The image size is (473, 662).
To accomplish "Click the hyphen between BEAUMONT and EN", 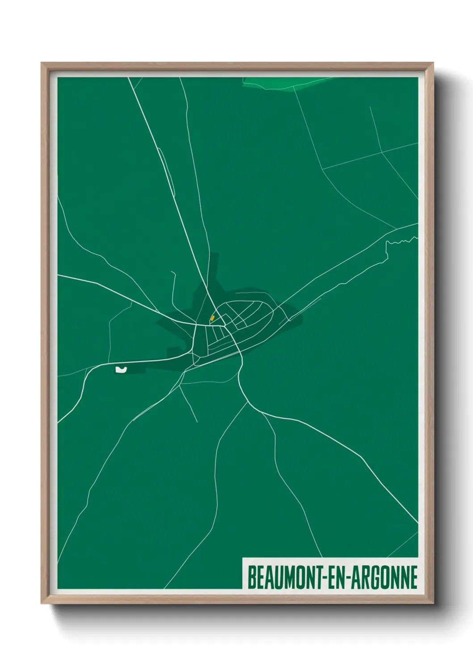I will coord(324,578).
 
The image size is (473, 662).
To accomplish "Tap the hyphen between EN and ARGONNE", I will coord(347,578).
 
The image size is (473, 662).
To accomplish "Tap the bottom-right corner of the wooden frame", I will coord(432,603).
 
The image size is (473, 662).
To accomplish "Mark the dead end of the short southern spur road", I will coord(197,421).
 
